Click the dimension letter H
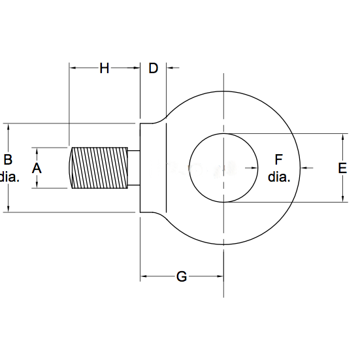tap(104, 68)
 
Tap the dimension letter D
tap(153, 68)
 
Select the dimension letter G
tap(182, 276)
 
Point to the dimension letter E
tap(342, 168)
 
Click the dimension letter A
tap(37, 168)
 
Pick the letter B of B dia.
tap(8, 159)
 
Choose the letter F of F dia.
tap(278, 159)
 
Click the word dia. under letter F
tap(279, 177)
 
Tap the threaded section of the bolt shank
tap(100, 168)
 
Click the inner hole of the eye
tap(223, 168)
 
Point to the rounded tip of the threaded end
tap(71, 168)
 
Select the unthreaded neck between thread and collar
tap(134, 168)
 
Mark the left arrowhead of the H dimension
tap(73, 68)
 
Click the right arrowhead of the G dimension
tap(220, 276)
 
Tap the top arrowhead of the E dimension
tap(343, 137)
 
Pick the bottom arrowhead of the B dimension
tap(8, 208)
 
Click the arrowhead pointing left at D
tap(170, 68)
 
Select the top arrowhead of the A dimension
tap(37, 151)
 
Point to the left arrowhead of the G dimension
tap(144, 276)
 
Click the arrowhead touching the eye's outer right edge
tap(304, 168)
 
